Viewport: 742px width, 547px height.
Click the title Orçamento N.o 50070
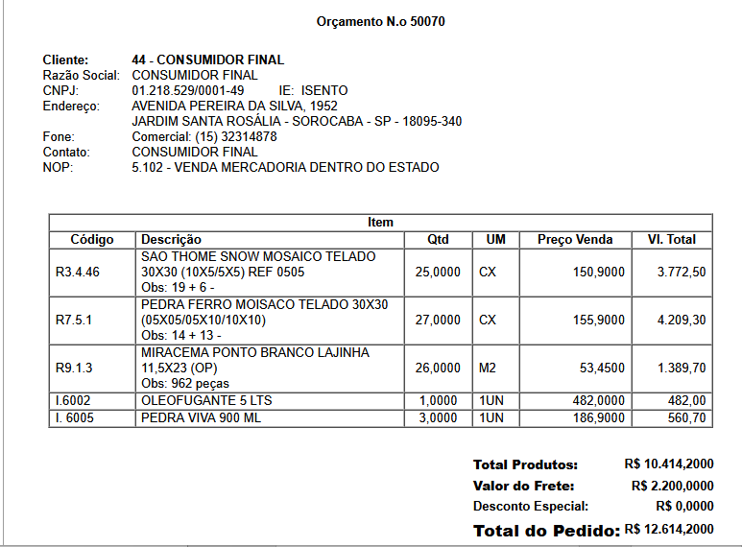(x=380, y=21)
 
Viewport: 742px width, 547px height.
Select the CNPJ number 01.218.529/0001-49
(x=188, y=90)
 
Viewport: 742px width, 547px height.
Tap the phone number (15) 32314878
(x=231, y=136)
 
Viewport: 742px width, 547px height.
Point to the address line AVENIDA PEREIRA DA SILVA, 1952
(x=234, y=106)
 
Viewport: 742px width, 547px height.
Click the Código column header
(x=92, y=239)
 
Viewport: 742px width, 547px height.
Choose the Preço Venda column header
(x=575, y=239)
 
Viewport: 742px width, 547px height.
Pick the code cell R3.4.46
(x=78, y=273)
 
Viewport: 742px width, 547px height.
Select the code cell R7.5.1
(x=74, y=320)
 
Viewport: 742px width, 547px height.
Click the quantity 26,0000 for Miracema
(x=438, y=369)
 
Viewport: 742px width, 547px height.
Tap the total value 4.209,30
(x=682, y=320)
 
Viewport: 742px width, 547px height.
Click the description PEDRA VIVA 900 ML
(x=201, y=418)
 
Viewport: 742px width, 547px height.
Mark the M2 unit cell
(x=488, y=369)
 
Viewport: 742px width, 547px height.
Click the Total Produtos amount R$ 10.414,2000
(x=669, y=464)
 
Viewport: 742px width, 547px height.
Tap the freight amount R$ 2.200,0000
(x=673, y=485)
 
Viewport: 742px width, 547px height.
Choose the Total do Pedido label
(x=546, y=531)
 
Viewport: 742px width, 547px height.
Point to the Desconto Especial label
(x=531, y=506)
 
